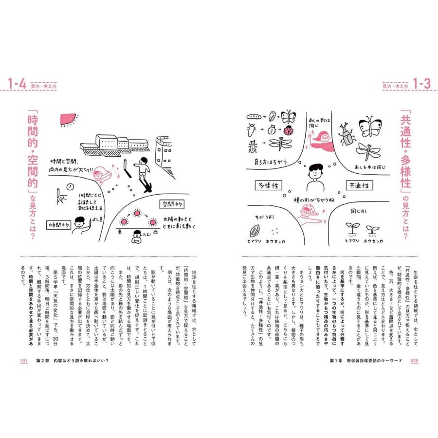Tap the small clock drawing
[x=70, y=186]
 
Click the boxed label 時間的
[x=61, y=224]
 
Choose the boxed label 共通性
[x=359, y=186]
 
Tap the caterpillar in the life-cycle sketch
[x=254, y=117]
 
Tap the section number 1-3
[x=421, y=84]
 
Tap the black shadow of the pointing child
[x=146, y=187]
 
